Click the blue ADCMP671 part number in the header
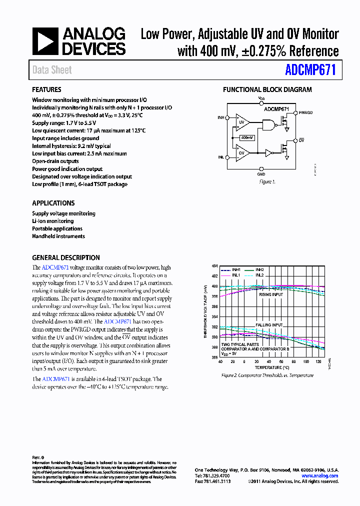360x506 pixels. tap(310, 70)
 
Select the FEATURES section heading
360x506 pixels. tap(46, 90)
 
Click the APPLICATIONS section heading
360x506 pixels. tap(53, 203)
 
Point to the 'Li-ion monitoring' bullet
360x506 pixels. tap(52, 221)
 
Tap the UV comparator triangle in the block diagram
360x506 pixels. tap(242, 121)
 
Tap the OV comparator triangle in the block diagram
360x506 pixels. tap(242, 152)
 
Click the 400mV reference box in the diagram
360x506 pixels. tap(246, 137)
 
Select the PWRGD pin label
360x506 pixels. tap(305, 113)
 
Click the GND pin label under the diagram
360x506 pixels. tap(261, 174)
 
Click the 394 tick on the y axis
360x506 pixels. tap(214, 317)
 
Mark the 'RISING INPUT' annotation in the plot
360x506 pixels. tap(270, 294)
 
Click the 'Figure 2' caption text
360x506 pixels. tap(267, 375)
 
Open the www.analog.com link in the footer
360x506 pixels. tap(322, 476)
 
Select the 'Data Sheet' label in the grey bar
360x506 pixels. tap(52, 70)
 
